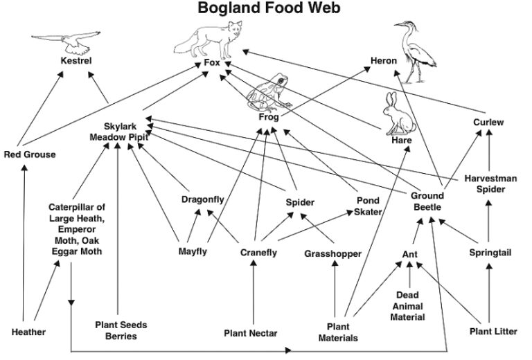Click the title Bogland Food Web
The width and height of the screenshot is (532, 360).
click(x=269, y=8)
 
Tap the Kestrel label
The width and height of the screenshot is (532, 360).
click(x=76, y=61)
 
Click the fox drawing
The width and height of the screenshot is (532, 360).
click(x=209, y=40)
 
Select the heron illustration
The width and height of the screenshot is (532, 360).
click(x=415, y=52)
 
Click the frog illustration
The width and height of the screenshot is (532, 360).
click(x=269, y=93)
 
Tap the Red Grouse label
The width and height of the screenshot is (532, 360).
click(x=30, y=154)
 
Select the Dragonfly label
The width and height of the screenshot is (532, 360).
click(x=202, y=199)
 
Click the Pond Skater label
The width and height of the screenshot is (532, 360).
click(x=368, y=206)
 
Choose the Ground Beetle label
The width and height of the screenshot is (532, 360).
click(x=427, y=201)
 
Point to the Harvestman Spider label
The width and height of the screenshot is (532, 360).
click(x=490, y=183)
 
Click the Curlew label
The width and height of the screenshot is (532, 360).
click(x=488, y=123)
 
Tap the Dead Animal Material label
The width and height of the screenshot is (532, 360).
click(x=407, y=306)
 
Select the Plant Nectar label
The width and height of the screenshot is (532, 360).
click(x=250, y=334)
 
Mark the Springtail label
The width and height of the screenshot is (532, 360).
click(x=490, y=253)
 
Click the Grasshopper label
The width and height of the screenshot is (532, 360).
click(x=332, y=254)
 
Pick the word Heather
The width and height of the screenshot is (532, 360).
click(x=28, y=332)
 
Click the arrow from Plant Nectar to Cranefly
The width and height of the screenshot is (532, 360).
click(x=253, y=292)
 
